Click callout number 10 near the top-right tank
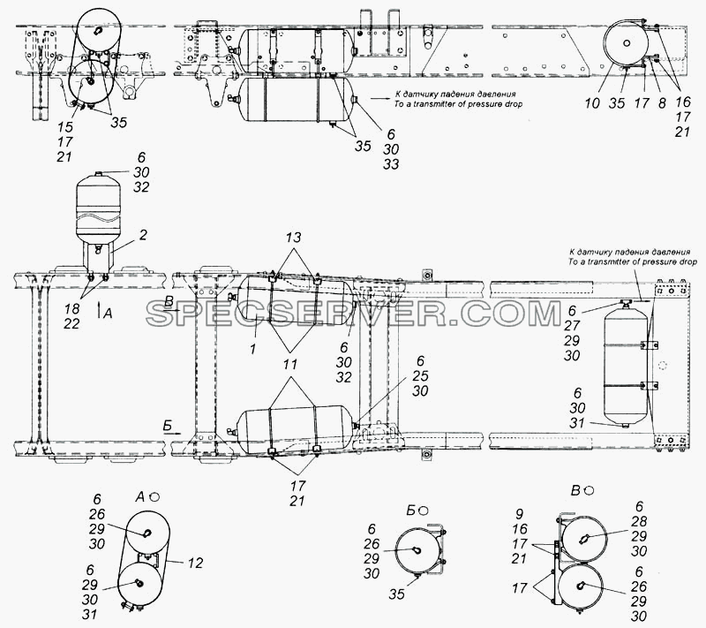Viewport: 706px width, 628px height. tap(592, 103)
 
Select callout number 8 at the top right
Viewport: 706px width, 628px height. tap(661, 103)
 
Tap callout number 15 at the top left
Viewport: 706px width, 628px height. tap(64, 126)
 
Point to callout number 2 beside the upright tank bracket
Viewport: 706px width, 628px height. tap(143, 235)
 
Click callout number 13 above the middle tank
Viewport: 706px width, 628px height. tap(293, 238)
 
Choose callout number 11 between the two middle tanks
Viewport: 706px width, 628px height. tap(290, 364)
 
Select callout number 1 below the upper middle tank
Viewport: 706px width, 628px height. tap(253, 349)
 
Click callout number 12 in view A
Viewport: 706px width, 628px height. tap(196, 563)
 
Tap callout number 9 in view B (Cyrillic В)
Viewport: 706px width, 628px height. tap(520, 513)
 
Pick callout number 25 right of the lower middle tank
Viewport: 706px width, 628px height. tap(420, 376)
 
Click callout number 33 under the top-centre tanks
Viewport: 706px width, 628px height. tap(391, 164)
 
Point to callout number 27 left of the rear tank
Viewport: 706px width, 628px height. tap(572, 326)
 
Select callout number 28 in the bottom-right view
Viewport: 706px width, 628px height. tap(639, 522)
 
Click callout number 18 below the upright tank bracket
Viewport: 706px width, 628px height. tap(72, 308)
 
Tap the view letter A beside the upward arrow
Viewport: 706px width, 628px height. tap(107, 314)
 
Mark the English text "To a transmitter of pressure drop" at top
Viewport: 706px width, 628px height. tap(458, 104)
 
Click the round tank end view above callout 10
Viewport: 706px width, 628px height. tap(626, 43)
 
